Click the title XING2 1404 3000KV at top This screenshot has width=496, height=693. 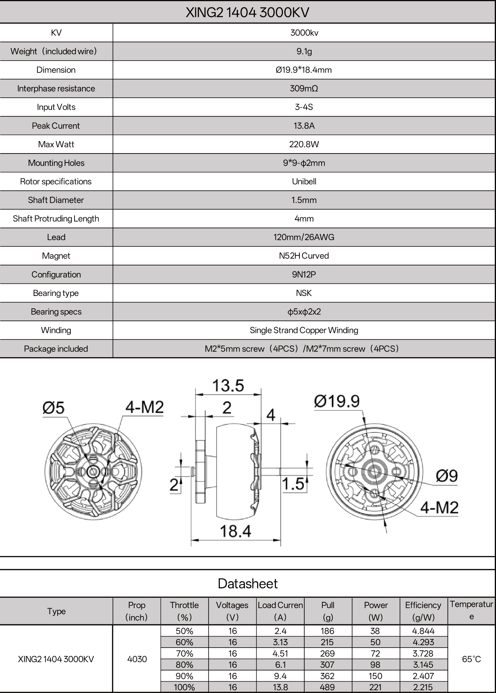(247, 12)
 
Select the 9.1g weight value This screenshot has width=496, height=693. (304, 51)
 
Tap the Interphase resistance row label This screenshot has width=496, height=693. (56, 88)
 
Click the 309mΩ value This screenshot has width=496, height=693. (304, 88)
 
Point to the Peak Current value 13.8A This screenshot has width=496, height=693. (304, 126)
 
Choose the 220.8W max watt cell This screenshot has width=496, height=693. (304, 144)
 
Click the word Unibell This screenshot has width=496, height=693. (304, 182)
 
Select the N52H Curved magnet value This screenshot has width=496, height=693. (304, 256)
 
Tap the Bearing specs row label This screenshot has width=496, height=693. (56, 312)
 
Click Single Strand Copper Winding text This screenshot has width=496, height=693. (304, 330)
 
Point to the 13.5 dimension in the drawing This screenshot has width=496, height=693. (228, 386)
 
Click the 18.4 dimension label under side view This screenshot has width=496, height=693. (236, 531)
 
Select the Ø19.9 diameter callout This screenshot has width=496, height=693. (337, 401)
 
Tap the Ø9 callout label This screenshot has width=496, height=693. (447, 476)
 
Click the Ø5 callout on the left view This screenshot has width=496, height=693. (53, 407)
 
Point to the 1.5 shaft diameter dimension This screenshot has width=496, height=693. (293, 484)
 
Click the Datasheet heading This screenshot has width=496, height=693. (247, 584)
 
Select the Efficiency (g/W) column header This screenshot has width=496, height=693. (423, 611)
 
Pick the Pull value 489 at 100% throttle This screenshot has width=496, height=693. (327, 687)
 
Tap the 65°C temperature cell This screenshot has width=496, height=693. (471, 659)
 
